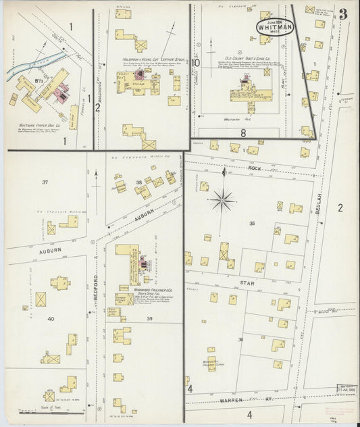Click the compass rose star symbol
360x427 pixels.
coord(223,199)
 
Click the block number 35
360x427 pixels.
coord(253,223)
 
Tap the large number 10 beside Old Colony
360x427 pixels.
coord(195,64)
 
